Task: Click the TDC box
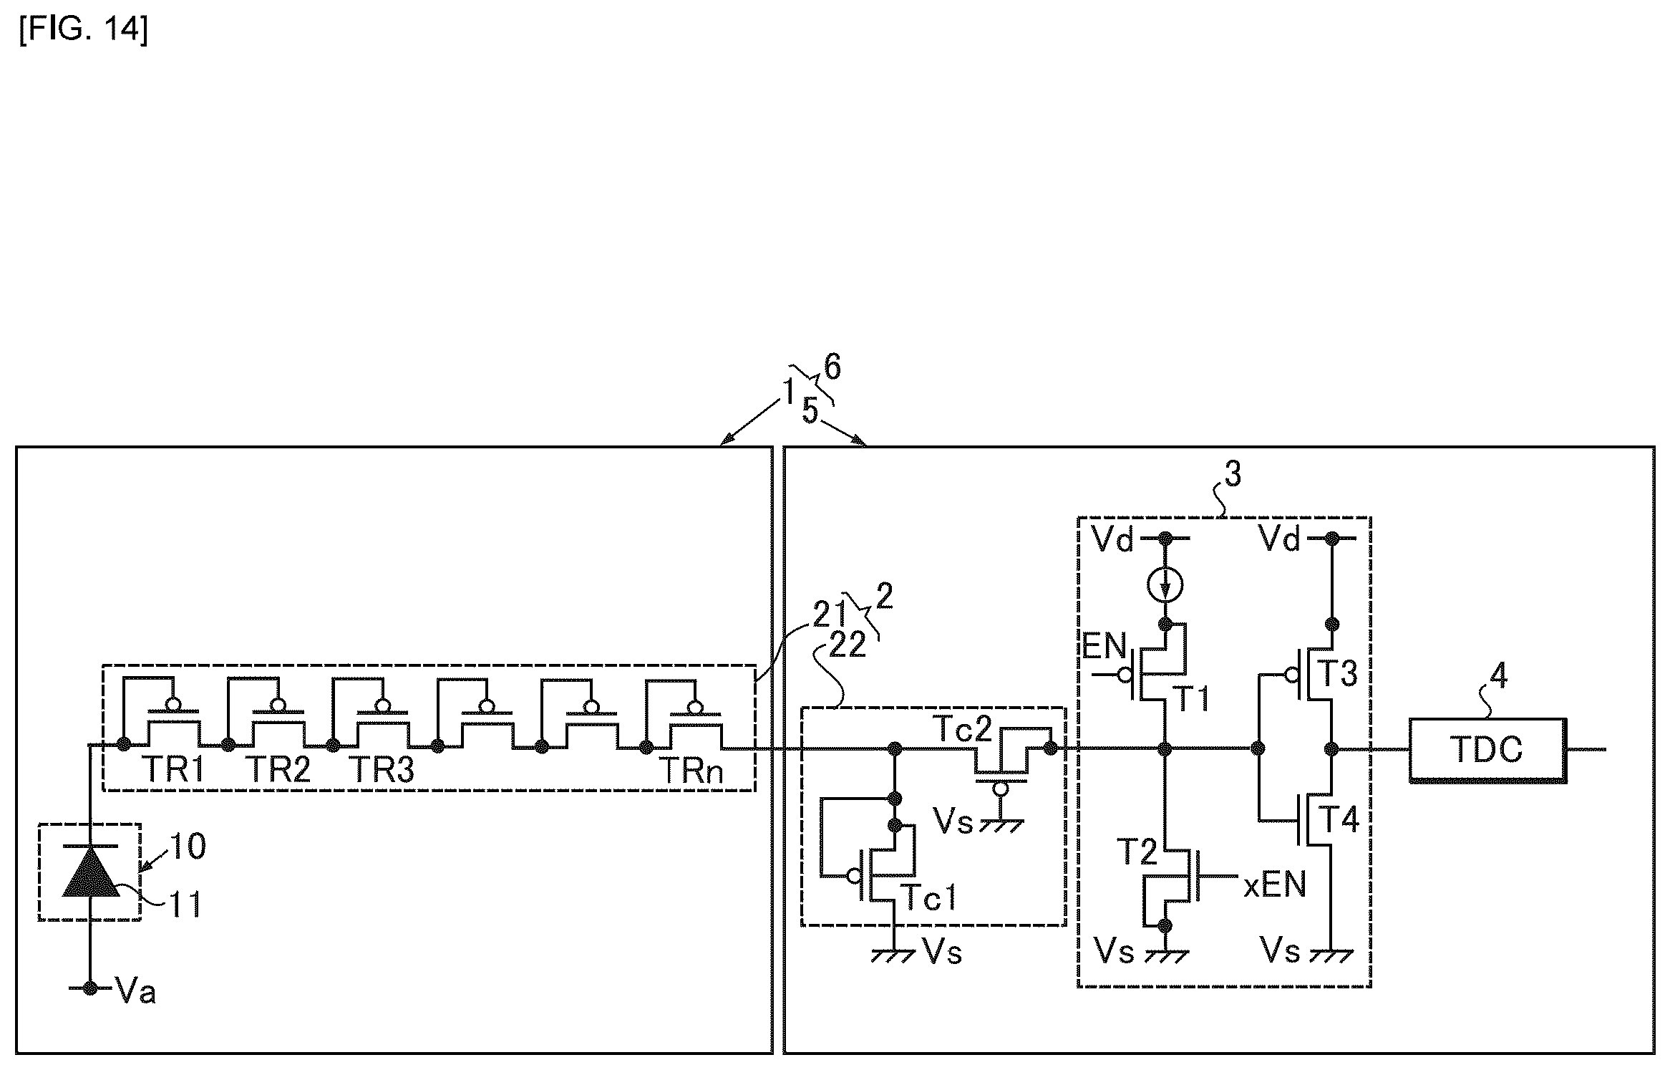tap(1487, 750)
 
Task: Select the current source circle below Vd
tap(1165, 585)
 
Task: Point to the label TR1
tap(175, 771)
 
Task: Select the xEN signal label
tap(1274, 885)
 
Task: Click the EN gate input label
tap(1105, 646)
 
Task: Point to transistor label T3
tap(1337, 673)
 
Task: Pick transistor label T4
tap(1339, 819)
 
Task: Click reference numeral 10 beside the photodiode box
tap(187, 847)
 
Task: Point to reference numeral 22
tap(847, 645)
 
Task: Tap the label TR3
tap(383, 771)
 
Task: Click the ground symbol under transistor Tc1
tap(893, 955)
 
